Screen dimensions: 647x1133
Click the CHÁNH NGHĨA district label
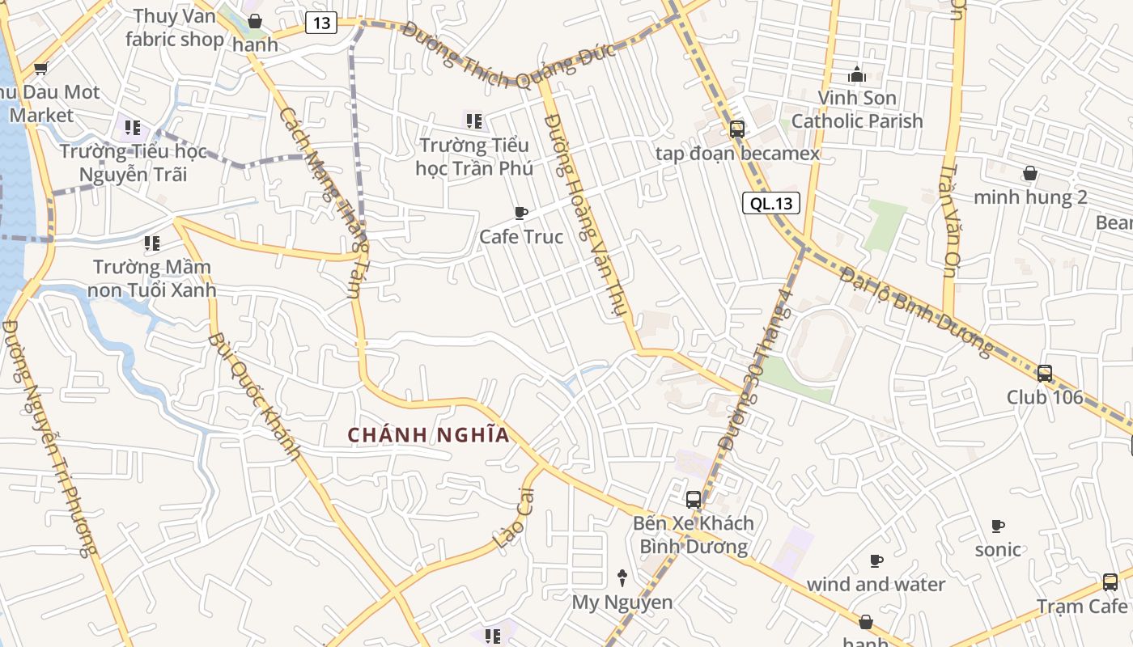pyautogui.click(x=429, y=435)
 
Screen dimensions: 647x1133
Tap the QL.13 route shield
pyautogui.click(x=771, y=203)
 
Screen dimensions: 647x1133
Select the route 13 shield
pyautogui.click(x=321, y=23)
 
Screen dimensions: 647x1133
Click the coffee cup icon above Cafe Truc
pyautogui.click(x=521, y=213)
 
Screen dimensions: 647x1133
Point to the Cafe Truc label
pyautogui.click(x=521, y=237)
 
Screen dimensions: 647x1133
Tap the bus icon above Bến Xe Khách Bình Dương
pyautogui.click(x=694, y=499)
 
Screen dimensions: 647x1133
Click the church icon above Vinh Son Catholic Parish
pyautogui.click(x=857, y=75)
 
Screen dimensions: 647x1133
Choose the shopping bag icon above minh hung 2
pyautogui.click(x=1030, y=173)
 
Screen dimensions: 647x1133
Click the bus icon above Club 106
pyautogui.click(x=1045, y=374)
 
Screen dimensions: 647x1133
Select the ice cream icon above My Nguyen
pyautogui.click(x=622, y=577)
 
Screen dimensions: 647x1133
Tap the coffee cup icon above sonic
pyautogui.click(x=998, y=526)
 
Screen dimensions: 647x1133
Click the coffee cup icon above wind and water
pyautogui.click(x=876, y=560)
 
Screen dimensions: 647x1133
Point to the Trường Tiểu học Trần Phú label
pyautogui.click(x=474, y=157)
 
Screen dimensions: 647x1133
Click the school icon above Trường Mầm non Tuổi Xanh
pyautogui.click(x=151, y=243)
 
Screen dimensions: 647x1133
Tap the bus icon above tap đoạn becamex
pyautogui.click(x=736, y=129)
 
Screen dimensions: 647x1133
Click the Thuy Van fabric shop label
pyautogui.click(x=175, y=27)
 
